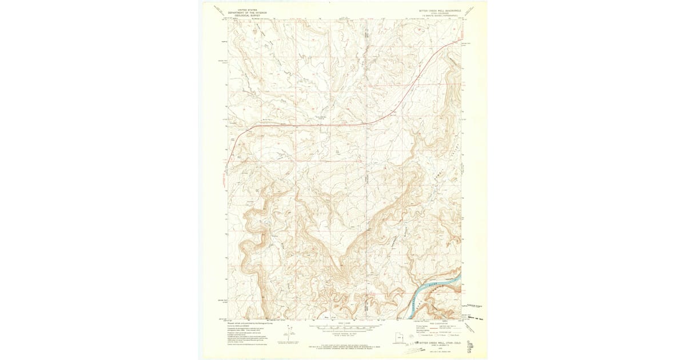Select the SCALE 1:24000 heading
343,323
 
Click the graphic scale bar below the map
343,328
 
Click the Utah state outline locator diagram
397,339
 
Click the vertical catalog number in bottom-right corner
470,346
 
